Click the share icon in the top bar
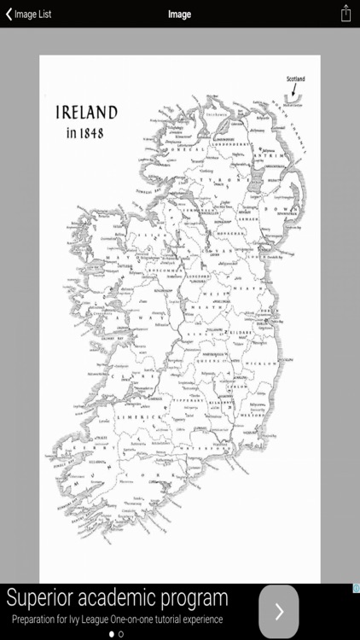pyautogui.click(x=345, y=14)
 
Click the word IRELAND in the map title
pyautogui.click(x=86, y=113)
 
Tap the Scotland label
pyautogui.click(x=295, y=79)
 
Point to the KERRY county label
pyautogui.click(x=85, y=445)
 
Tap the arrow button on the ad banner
pyautogui.click(x=278, y=611)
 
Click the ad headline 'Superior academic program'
pyautogui.click(x=117, y=597)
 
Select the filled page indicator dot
pyautogui.click(x=111, y=634)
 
